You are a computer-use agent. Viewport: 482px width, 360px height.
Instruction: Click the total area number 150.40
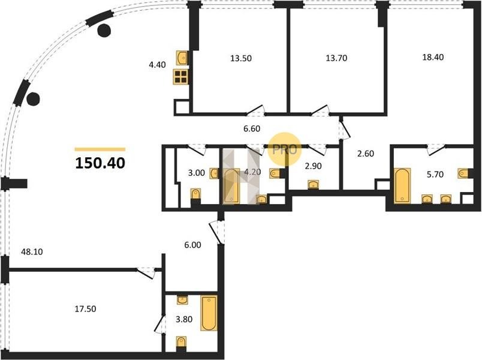tap(100, 163)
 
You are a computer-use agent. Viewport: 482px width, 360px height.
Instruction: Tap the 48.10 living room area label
tap(32, 252)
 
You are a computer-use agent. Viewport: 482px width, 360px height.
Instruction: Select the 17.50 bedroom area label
tap(86, 308)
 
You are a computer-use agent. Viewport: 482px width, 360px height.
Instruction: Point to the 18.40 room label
tap(433, 57)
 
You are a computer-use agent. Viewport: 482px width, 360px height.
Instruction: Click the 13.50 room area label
tap(241, 58)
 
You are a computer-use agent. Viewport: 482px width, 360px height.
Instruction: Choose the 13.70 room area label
tap(336, 58)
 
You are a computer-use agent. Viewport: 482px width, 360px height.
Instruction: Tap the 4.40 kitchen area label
tap(157, 65)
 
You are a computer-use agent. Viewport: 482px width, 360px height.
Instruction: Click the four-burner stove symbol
tap(181, 77)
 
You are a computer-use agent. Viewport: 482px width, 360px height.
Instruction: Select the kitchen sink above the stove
tap(182, 58)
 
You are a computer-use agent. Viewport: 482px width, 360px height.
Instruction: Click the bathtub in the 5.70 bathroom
tap(402, 185)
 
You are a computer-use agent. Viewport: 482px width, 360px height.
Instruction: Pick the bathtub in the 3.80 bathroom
tap(209, 313)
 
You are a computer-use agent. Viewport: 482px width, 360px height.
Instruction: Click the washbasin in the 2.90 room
tap(313, 185)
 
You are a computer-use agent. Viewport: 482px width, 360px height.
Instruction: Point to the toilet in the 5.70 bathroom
tap(463, 173)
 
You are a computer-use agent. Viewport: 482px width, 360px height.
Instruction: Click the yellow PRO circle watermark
tap(284, 150)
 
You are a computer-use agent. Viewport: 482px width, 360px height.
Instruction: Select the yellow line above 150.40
tap(100, 149)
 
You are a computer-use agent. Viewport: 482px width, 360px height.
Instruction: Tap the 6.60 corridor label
tap(252, 128)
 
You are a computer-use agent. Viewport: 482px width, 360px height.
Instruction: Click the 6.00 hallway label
tap(192, 245)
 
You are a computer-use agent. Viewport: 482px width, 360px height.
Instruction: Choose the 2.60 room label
tap(366, 154)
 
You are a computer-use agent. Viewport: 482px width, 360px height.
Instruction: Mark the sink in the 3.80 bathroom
tap(183, 299)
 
